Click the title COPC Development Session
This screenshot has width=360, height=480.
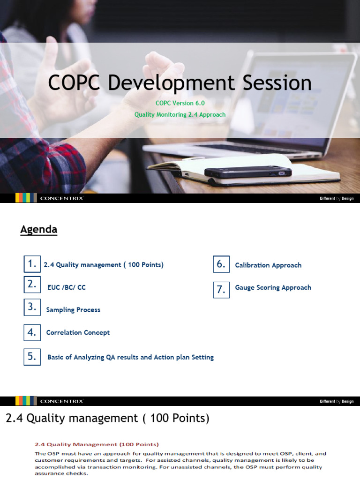pyautogui.click(x=180, y=83)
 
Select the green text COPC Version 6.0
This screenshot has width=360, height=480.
pyautogui.click(x=180, y=103)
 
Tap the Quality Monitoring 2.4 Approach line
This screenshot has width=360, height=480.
pyautogui.click(x=180, y=114)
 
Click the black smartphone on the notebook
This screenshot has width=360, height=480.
pyautogui.click(x=248, y=172)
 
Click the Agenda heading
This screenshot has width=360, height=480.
pyautogui.click(x=38, y=230)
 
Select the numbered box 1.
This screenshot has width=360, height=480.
pyautogui.click(x=32, y=264)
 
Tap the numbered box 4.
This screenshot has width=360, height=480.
pyautogui.click(x=32, y=332)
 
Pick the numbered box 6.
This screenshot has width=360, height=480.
pyautogui.click(x=221, y=264)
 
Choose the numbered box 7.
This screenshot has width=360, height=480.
pyautogui.click(x=221, y=290)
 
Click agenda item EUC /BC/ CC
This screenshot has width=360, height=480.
pyautogui.click(x=67, y=287)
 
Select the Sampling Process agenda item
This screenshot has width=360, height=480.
pyautogui.click(x=73, y=310)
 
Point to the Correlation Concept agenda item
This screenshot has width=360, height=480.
pyautogui.click(x=78, y=332)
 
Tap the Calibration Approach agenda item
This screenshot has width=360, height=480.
pyautogui.click(x=268, y=265)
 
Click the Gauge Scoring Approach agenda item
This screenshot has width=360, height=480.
pyautogui.click(x=273, y=287)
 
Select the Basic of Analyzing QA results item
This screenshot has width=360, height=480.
pyautogui.click(x=130, y=357)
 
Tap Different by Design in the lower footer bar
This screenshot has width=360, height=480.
pyautogui.click(x=337, y=401)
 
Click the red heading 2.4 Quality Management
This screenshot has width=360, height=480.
pyautogui.click(x=97, y=444)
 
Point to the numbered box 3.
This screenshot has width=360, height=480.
pyautogui.click(x=32, y=307)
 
